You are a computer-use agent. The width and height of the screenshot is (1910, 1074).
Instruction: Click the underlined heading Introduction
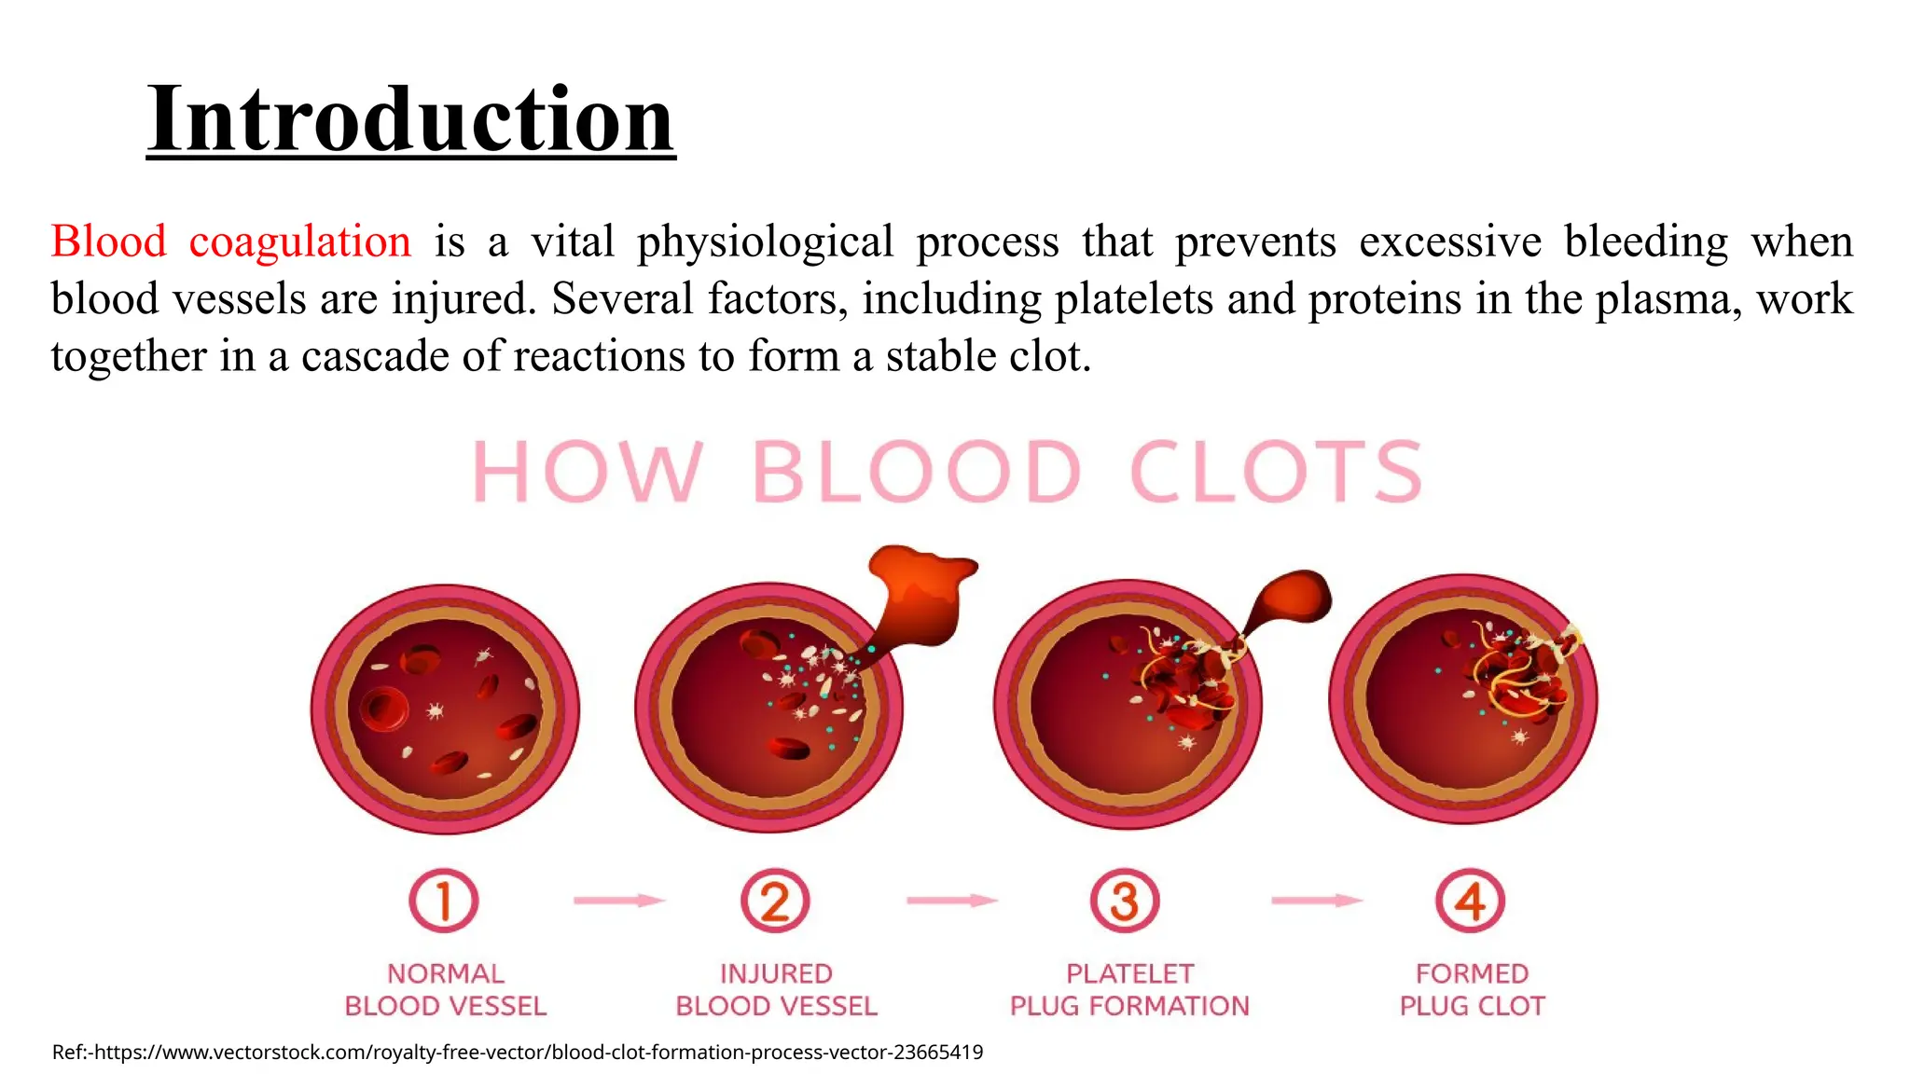tap(410, 119)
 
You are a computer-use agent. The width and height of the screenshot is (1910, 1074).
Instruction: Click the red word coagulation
tap(299, 241)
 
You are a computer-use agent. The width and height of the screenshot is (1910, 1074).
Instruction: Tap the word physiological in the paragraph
tap(765, 241)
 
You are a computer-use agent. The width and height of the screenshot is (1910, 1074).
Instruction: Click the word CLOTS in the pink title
tap(1276, 472)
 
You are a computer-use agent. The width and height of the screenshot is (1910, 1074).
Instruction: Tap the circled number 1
tap(444, 901)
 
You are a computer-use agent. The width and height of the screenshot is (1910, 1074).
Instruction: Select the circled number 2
tap(775, 901)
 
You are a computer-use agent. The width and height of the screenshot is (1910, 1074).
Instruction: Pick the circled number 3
tap(1125, 901)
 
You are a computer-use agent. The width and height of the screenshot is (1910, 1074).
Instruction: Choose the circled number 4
tap(1470, 901)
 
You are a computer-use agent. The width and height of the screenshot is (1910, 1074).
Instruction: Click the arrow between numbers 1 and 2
tap(618, 900)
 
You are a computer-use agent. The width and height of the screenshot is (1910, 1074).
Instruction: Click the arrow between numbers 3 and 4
tap(1316, 900)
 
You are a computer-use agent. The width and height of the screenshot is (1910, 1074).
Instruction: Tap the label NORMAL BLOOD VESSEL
tap(445, 989)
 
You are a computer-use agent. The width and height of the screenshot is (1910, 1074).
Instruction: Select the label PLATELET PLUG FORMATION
tap(1129, 989)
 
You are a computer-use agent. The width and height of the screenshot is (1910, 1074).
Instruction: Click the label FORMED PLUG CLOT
tap(1472, 989)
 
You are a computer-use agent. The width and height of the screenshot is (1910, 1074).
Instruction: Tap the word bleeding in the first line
tap(1645, 241)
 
